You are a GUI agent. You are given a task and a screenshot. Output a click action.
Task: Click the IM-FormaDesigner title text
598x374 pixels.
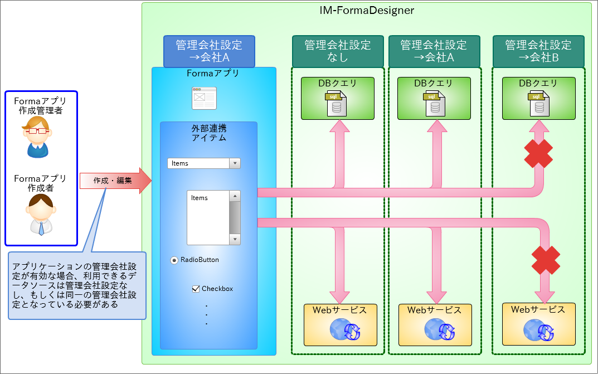pyautogui.click(x=366, y=10)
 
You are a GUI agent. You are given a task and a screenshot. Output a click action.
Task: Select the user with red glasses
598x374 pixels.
pyautogui.click(x=37, y=137)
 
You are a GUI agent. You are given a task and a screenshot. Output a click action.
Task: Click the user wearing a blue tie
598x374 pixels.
pyautogui.click(x=41, y=214)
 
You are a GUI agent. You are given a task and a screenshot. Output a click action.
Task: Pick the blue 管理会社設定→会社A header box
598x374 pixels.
pyautogui.click(x=209, y=51)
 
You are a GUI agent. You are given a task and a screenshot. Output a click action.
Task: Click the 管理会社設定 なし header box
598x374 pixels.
pyautogui.click(x=338, y=51)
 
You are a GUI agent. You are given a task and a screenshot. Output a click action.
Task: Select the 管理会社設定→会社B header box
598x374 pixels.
pyautogui.click(x=538, y=51)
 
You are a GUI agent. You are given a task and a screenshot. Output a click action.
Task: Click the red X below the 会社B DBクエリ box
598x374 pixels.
pyautogui.click(x=538, y=153)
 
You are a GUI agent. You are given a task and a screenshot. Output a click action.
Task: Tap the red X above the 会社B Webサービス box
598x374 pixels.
pyautogui.click(x=546, y=260)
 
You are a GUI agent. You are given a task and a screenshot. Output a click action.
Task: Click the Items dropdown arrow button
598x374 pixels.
pyautogui.click(x=235, y=163)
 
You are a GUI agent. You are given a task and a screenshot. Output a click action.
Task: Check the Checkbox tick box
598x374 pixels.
pyautogui.click(x=196, y=289)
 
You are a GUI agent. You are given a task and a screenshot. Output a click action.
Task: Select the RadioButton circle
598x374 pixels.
pyautogui.click(x=174, y=260)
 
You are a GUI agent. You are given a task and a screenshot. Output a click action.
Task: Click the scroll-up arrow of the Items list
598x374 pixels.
pyautogui.click(x=235, y=196)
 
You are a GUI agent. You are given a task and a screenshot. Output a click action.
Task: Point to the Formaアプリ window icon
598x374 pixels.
pyautogui.click(x=205, y=98)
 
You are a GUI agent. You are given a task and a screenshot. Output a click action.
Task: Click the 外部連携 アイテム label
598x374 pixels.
pyautogui.click(x=209, y=133)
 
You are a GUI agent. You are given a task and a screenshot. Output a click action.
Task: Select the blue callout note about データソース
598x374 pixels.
pyautogui.click(x=77, y=285)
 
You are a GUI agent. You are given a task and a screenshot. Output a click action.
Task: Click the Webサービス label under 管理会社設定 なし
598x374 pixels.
pyautogui.click(x=340, y=310)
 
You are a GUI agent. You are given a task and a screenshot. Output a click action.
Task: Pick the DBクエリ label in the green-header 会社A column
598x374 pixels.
pyautogui.click(x=434, y=84)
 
